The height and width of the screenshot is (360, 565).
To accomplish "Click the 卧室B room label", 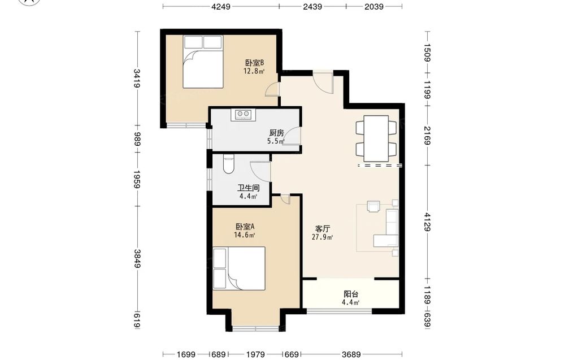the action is pos(254,63).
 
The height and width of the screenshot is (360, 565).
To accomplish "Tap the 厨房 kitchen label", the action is pos(276,133).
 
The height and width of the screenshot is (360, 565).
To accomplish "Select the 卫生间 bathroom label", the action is pos(248,188).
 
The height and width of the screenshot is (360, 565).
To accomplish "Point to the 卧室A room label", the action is pos(245,227).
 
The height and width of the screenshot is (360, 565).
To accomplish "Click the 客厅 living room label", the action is pos(323,229).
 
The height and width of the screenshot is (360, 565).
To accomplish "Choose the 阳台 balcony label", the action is pos(351,294).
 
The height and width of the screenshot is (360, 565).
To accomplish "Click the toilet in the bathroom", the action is pos(229,164).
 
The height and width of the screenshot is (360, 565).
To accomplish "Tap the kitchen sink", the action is pos(243,115).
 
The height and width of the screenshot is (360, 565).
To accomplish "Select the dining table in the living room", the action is pos(376,138).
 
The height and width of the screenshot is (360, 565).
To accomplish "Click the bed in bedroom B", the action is pos(202,62).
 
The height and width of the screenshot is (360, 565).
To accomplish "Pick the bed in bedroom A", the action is pos(239,268).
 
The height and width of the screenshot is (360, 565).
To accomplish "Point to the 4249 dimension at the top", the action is pos(221,6).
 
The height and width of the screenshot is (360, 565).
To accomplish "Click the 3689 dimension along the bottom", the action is pos(351,354).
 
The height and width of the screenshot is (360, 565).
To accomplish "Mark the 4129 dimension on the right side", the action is pos(427,222).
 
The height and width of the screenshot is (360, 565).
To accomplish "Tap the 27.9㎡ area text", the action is pos(322,237).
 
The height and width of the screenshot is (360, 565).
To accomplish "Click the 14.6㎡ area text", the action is pos(245,235).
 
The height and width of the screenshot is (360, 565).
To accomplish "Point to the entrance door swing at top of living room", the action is pos(323,83).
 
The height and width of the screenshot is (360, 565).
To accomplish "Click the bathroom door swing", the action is pos(260,172).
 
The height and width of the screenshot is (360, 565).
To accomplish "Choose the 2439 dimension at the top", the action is pos(312,6).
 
